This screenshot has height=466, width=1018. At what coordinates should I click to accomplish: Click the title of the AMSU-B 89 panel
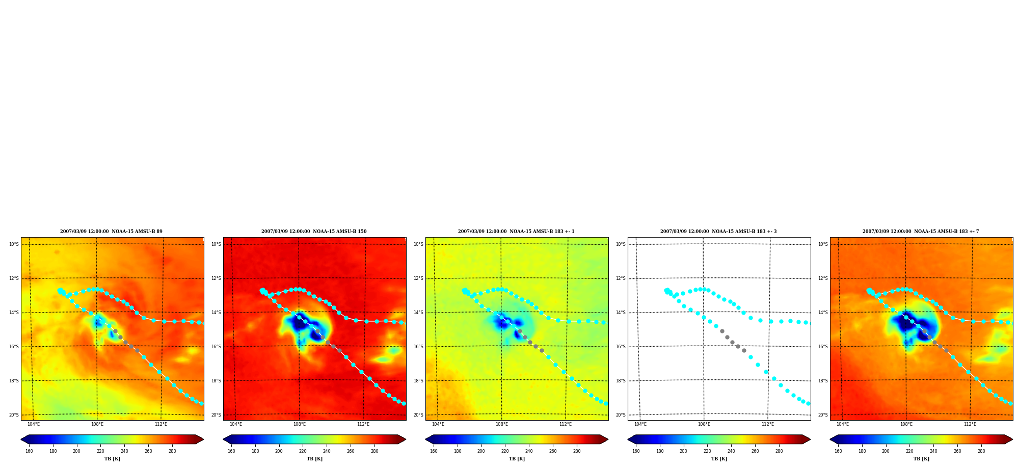point(111,231)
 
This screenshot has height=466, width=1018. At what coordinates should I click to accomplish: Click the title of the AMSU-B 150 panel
point(314,231)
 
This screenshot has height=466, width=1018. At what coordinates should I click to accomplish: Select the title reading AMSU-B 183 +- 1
point(516,231)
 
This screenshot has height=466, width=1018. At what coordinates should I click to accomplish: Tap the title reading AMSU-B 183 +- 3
point(718,231)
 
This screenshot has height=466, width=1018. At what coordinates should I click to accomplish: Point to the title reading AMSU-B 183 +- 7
point(921,231)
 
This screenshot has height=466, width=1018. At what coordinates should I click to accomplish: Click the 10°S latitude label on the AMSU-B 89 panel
point(14,244)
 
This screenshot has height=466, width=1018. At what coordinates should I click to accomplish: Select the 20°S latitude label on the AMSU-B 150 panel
point(216,415)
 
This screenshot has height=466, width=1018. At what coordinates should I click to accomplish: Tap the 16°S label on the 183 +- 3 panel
point(621,347)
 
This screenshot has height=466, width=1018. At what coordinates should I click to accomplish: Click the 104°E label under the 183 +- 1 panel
point(438,424)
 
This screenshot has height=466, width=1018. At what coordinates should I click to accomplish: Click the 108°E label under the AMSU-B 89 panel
point(97,424)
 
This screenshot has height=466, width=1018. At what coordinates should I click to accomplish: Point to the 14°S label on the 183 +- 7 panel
point(823,313)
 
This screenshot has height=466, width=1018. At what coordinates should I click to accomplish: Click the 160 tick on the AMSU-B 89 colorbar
point(29,451)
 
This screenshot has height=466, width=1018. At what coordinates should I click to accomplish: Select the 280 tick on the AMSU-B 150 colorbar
point(374,451)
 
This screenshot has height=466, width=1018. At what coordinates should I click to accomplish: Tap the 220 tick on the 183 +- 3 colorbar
point(707,451)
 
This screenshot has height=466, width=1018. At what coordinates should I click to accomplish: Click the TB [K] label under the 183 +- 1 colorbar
point(517,459)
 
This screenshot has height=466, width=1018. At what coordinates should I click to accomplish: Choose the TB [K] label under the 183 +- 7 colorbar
point(921,459)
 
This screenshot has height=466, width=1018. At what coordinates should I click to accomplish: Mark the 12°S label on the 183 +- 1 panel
point(418,278)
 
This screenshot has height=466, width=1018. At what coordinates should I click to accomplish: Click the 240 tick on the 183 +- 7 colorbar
point(933,451)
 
